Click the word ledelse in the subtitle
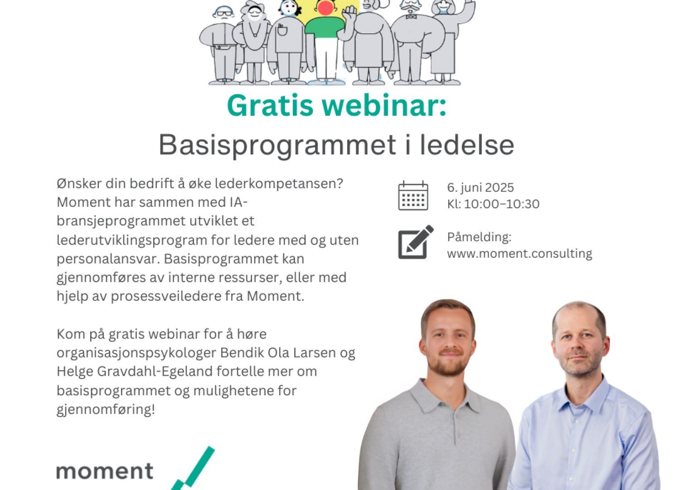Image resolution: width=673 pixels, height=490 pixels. (x=467, y=145)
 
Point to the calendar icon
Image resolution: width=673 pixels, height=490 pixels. (x=413, y=196)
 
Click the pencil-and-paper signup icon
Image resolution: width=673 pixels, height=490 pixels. (x=416, y=242)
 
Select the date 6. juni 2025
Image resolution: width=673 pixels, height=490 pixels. (x=480, y=188)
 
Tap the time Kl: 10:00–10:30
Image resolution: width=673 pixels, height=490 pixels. (x=493, y=204)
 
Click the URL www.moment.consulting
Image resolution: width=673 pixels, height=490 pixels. (x=519, y=254)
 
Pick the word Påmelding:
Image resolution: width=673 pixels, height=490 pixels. (x=479, y=237)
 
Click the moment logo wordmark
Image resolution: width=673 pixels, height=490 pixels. (x=105, y=471)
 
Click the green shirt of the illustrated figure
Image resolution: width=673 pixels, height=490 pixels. (x=325, y=27)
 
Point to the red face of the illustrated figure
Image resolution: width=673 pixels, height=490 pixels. (x=325, y=7)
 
